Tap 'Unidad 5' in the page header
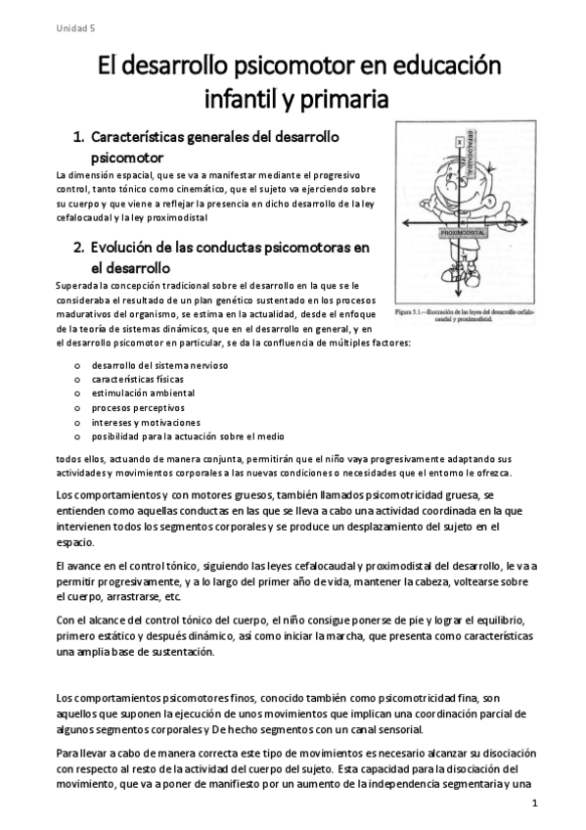tap(74, 28)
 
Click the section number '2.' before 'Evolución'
tap(80, 247)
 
